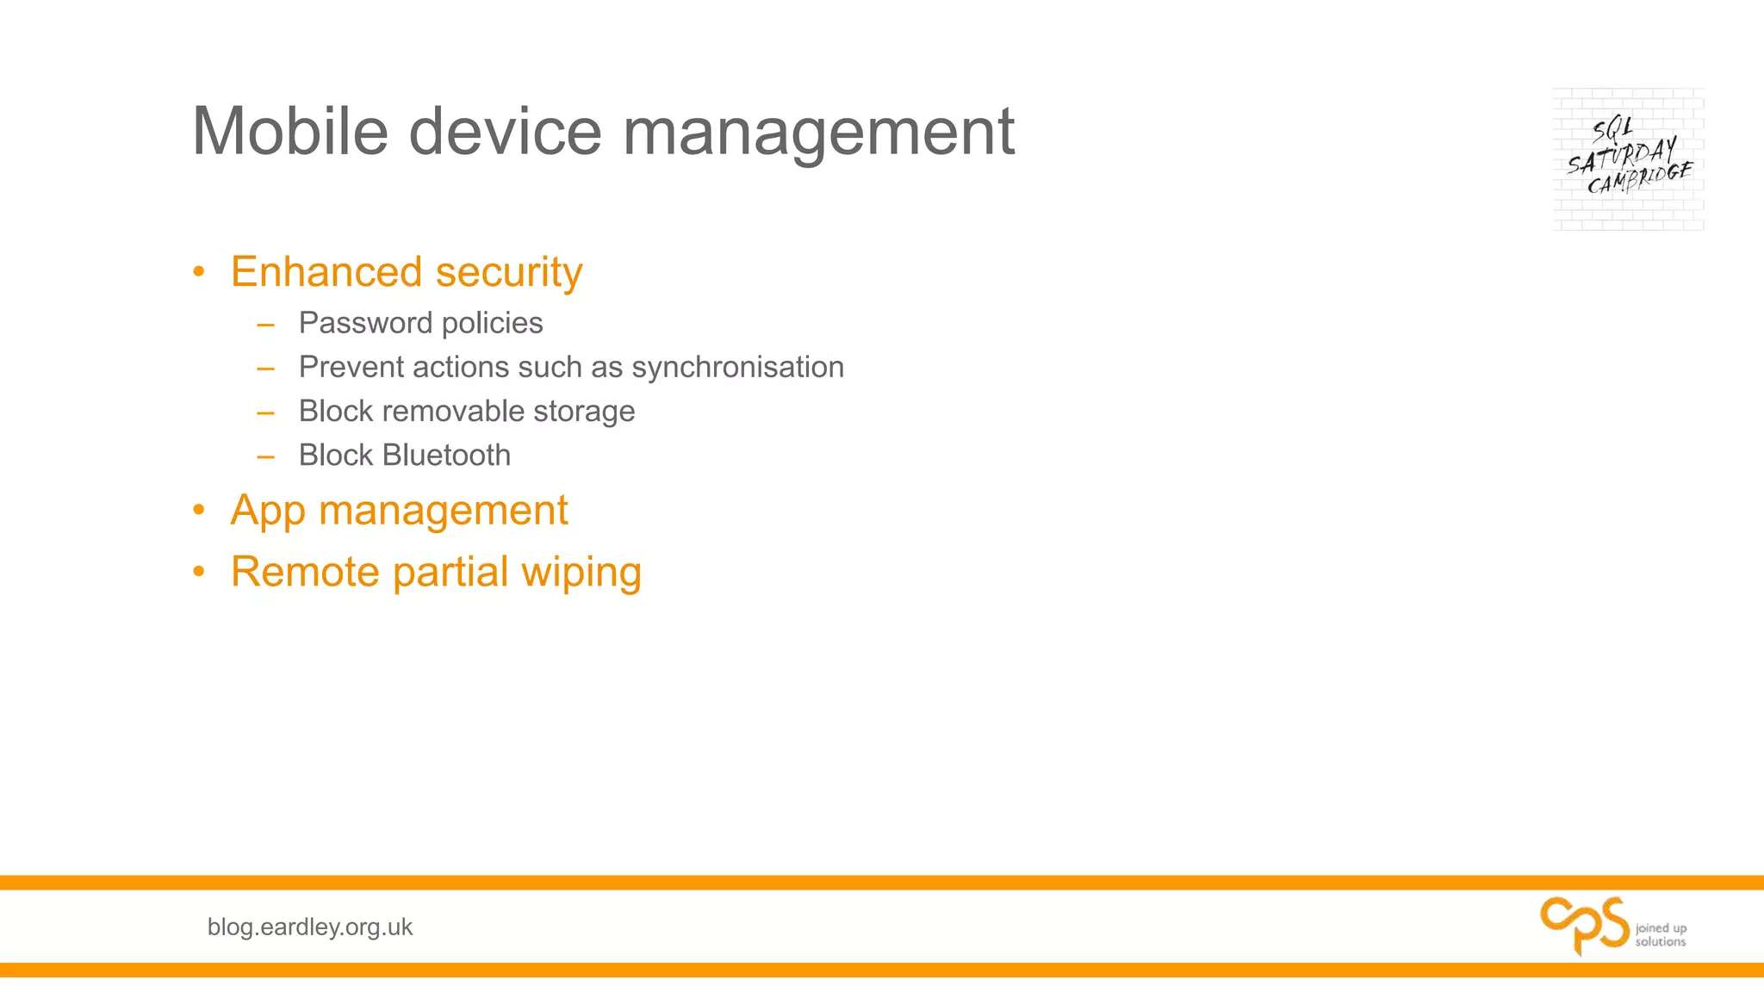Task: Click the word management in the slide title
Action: (818, 133)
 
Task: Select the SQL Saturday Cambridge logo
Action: (1628, 159)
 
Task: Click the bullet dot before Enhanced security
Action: (199, 273)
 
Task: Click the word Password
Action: (365, 323)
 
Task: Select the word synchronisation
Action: (737, 368)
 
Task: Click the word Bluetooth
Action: (446, 455)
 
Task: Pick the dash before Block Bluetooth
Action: (265, 456)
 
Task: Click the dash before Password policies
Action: (265, 325)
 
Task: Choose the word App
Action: (267, 511)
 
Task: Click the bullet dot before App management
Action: (199, 511)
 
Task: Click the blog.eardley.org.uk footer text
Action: (310, 927)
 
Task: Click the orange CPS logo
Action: (1583, 925)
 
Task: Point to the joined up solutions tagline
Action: (1660, 934)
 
